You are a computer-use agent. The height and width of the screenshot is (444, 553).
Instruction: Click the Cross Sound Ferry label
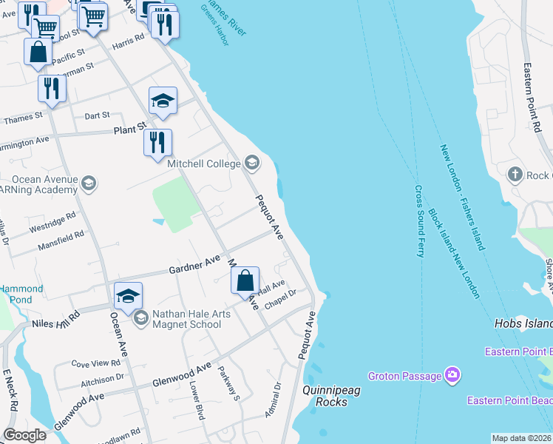[419, 221]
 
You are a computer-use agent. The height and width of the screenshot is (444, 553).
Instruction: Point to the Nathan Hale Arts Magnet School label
[191, 319]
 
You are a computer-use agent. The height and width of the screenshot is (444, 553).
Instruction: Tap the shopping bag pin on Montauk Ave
[245, 281]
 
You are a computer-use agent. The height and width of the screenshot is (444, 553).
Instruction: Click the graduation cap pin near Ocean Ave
[128, 296]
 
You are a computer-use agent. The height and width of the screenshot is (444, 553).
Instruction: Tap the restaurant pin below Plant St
[157, 142]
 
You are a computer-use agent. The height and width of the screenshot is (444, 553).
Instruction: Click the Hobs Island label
[523, 324]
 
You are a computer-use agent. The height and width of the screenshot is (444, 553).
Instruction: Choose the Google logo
[24, 434]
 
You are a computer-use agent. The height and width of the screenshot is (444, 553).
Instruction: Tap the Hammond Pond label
[21, 294]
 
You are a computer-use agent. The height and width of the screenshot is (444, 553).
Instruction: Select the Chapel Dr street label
[280, 295]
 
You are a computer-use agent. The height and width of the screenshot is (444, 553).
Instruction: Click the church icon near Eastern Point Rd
[515, 175]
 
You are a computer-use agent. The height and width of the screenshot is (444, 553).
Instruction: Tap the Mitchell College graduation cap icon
[252, 163]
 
